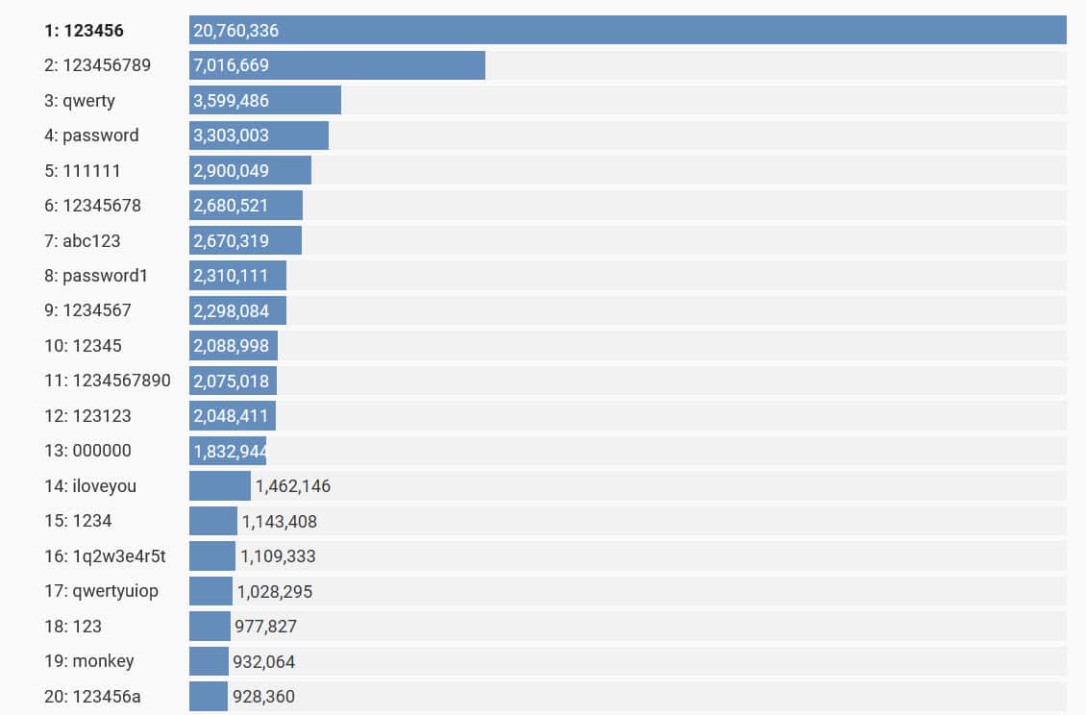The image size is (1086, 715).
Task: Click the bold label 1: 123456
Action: click(84, 31)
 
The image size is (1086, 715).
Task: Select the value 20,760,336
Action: click(235, 31)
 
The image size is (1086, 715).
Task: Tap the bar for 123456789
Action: click(384, 65)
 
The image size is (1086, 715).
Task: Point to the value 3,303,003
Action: click(231, 136)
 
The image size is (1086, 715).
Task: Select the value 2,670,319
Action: click(231, 240)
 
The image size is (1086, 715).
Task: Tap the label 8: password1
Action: click(96, 276)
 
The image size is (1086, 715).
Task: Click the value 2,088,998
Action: click(231, 346)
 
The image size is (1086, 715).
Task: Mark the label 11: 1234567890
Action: click(108, 381)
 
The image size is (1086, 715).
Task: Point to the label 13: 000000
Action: click(87, 451)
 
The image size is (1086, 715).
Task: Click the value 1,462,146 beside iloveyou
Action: click(293, 486)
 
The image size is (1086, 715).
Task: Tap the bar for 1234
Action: click(213, 521)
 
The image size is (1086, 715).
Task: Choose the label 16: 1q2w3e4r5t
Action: click(105, 556)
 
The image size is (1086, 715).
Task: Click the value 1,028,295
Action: click(275, 591)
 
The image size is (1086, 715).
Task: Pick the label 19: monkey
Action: click(88, 661)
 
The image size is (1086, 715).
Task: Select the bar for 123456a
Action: click(209, 696)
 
